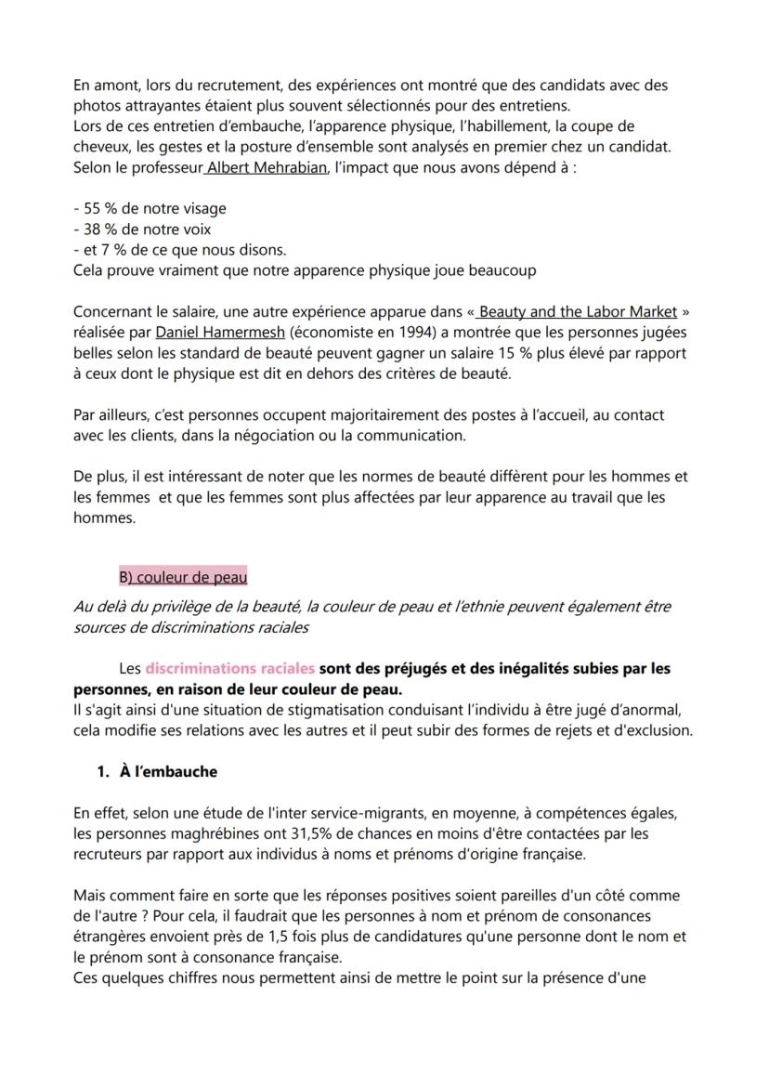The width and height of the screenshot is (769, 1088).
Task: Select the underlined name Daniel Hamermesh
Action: [209, 333]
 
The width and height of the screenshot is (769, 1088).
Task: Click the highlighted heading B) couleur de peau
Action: [183, 578]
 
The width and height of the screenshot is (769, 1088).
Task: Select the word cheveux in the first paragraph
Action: [99, 147]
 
